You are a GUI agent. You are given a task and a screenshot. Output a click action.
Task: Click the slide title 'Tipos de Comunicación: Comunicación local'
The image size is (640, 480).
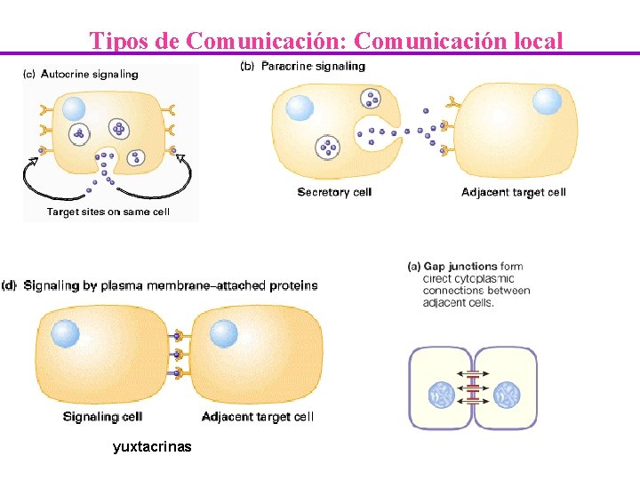click(x=326, y=41)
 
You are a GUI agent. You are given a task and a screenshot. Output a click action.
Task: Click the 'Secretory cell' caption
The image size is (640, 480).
click(x=334, y=192)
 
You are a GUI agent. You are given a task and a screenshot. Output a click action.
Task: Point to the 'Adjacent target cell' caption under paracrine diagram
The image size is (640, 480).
click(x=514, y=192)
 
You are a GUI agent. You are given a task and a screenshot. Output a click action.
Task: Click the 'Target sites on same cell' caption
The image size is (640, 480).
click(x=108, y=212)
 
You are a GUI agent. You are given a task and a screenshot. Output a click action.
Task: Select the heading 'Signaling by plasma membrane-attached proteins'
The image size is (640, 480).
click(x=170, y=285)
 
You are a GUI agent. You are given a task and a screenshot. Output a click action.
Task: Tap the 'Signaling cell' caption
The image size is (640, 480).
click(x=103, y=416)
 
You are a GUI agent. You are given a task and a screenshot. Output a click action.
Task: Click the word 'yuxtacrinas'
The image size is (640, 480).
click(x=152, y=446)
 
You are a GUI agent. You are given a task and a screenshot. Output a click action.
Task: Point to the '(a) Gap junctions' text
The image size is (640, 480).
click(x=452, y=266)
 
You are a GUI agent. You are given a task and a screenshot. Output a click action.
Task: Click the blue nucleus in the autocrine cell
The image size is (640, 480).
click(x=73, y=108)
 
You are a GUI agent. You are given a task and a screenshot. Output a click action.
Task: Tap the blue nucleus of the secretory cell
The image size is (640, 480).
click(x=300, y=108)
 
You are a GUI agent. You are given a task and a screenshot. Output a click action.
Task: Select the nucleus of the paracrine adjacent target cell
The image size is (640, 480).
click(x=548, y=100)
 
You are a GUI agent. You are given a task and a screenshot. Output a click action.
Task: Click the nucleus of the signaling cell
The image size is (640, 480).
click(x=66, y=334)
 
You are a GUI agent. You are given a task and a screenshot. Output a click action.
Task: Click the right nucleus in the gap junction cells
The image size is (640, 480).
click(x=508, y=394)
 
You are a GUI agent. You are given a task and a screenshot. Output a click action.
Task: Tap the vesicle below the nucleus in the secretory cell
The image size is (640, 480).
click(x=328, y=147)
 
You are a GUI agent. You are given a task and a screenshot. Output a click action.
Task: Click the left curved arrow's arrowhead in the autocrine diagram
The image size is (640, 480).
click(x=36, y=159)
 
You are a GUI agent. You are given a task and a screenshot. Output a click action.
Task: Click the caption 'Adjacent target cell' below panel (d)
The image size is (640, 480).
click(x=258, y=416)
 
